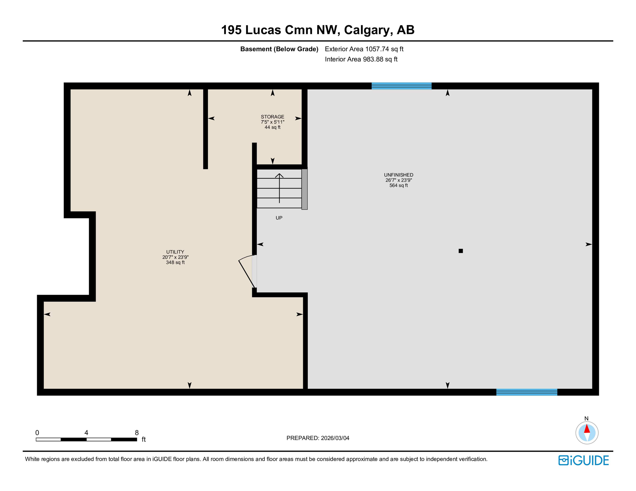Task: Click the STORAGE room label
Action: tap(272, 117)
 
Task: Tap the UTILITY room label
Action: tap(175, 252)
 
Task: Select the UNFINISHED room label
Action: tap(398, 175)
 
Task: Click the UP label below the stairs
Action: tap(279, 218)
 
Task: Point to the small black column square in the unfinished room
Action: tap(461, 251)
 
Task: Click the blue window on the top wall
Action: tap(401, 86)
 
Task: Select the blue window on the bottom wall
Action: tap(527, 392)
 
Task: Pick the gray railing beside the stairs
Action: tap(305, 189)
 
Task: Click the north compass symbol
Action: tap(587, 433)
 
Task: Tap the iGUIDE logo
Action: tap(584, 460)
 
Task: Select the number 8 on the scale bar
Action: tap(137, 433)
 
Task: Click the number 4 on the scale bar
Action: tap(86, 433)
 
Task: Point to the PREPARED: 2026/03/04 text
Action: tap(318, 438)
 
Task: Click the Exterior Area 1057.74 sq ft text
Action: tap(364, 49)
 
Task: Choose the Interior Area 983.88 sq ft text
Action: tap(361, 59)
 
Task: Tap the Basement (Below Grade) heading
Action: tap(279, 49)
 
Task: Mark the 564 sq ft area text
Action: tap(398, 185)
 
